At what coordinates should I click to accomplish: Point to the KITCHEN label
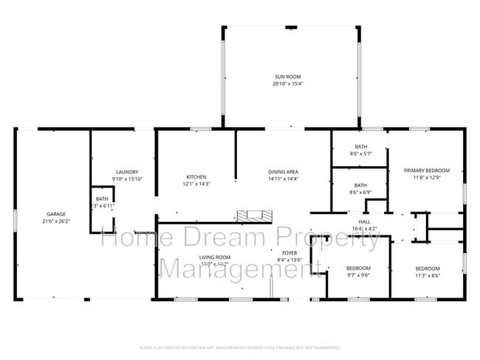coord(196,176)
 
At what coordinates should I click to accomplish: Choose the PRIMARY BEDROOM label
coord(426,170)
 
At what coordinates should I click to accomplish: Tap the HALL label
coord(364,221)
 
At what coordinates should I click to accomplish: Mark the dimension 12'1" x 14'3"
coord(196,183)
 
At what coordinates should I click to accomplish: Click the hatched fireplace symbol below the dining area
coord(254,215)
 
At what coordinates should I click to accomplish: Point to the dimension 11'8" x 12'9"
coord(426,177)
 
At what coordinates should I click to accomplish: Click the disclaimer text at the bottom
coord(240,347)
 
